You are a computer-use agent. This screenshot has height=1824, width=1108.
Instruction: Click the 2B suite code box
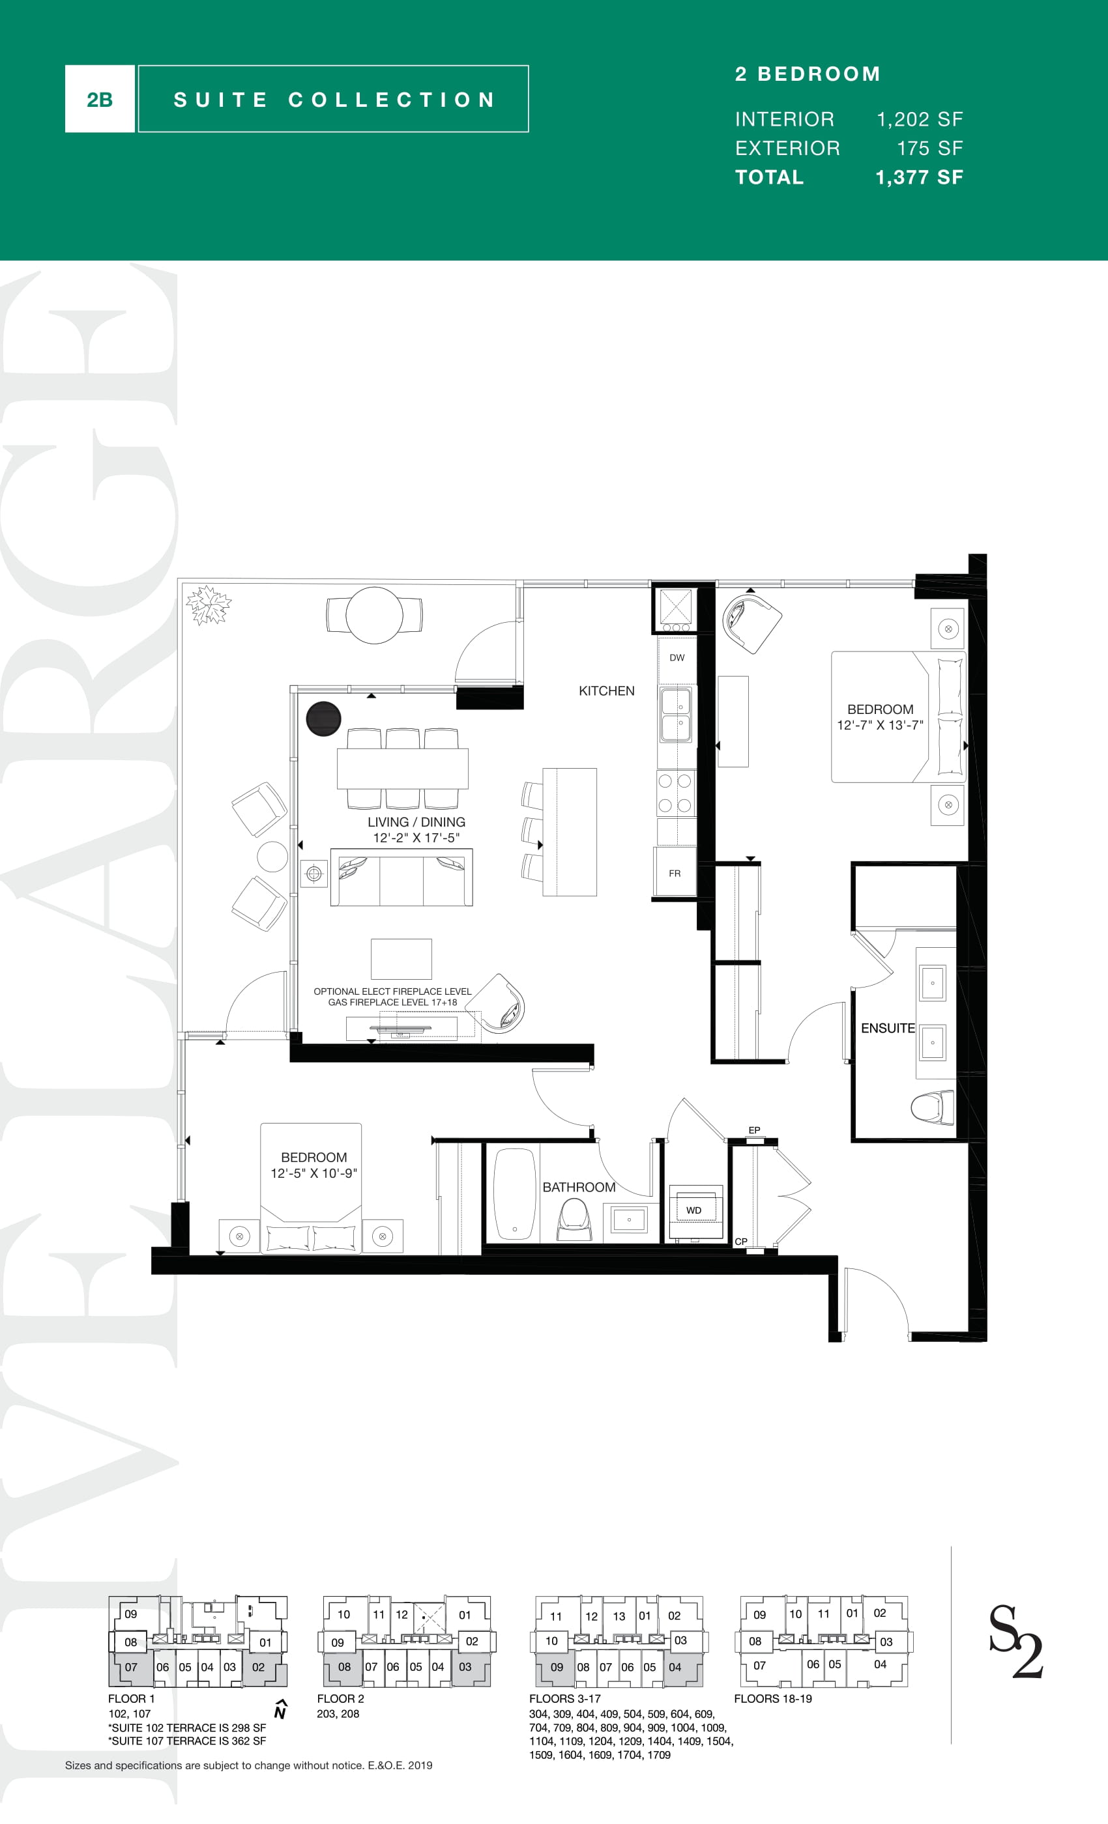100,99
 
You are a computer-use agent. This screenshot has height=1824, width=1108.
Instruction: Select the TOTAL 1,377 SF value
919,178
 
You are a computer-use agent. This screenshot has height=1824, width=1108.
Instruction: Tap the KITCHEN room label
607,691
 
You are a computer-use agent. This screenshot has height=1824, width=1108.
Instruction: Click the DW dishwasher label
677,657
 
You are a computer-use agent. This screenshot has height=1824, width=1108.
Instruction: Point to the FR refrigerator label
675,874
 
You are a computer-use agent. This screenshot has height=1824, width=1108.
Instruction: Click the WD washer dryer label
693,1210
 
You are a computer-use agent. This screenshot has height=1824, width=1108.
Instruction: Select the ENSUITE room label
888,1028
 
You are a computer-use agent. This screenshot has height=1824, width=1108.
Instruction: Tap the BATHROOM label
579,1188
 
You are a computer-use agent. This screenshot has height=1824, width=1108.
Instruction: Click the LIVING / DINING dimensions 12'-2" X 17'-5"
416,838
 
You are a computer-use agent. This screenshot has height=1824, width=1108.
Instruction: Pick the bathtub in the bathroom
515,1193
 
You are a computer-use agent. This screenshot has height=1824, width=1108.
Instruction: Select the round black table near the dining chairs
324,719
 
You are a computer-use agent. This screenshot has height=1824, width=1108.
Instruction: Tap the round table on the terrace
375,615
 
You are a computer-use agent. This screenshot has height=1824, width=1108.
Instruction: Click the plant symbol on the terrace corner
208,605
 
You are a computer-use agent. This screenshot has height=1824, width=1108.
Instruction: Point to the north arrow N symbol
280,1709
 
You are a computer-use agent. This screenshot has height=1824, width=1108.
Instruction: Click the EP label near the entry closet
754,1130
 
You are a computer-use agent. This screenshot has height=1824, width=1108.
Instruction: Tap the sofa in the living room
401,878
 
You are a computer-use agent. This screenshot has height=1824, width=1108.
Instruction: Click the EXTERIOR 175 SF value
929,148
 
